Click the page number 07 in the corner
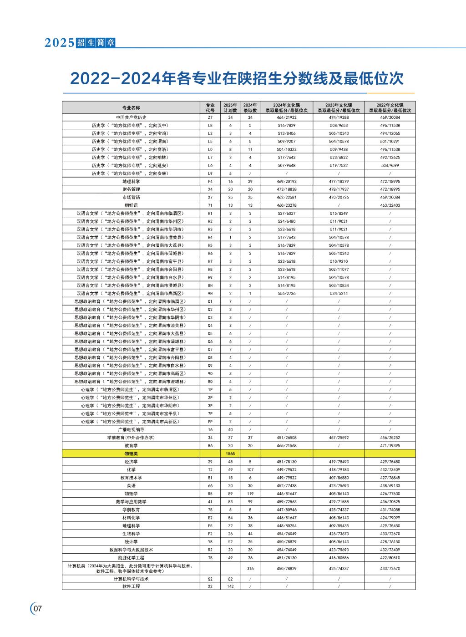37,608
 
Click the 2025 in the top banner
59,43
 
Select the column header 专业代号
210,107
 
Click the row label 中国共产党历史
131,117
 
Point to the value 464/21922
287,117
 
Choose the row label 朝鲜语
131,205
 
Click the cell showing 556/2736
287,293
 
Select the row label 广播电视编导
131,429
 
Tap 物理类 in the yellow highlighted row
131,454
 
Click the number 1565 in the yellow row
230,454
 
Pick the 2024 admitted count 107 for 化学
250,469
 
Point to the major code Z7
210,117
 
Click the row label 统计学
131,541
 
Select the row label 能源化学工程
131,557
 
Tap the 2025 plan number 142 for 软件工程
230,586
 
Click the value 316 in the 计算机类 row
250,568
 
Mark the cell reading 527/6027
287,213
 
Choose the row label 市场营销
131,197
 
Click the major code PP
210,422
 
